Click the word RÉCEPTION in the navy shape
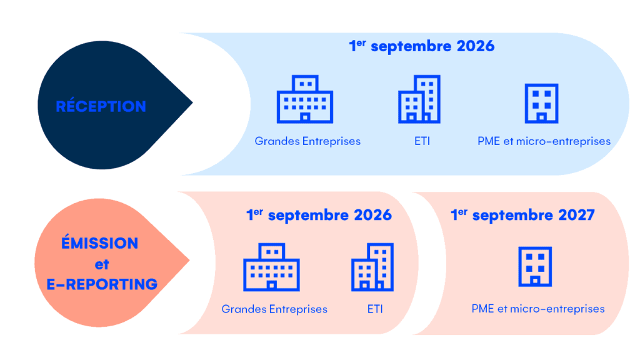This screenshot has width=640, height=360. coord(101,106)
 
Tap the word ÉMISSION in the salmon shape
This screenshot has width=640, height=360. coord(100,243)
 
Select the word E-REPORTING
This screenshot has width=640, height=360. coord(102,284)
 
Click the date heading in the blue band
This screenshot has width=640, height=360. coord(421,46)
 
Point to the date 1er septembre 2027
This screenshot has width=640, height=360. coord(522,215)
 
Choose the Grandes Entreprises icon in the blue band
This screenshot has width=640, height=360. coord(305,99)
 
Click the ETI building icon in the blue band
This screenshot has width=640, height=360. coord(419,99)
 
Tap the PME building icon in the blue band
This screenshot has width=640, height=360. coord(541,103)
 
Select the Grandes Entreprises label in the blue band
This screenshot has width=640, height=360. coord(307,141)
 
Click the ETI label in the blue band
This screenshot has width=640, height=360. coord(417,141)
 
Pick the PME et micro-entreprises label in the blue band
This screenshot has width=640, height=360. coord(544,141)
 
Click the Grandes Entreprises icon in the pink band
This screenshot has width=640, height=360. coord(271,267)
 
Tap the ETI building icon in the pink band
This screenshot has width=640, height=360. coord(372,267)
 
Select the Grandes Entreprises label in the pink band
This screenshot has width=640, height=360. coord(274,309)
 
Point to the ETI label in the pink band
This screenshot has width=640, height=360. coord(375,309)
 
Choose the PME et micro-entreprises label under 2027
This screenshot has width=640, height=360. coord(538,309)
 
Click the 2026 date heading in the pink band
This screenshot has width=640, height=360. coord(319,215)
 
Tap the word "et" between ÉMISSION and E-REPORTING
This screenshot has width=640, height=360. coord(102,264)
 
